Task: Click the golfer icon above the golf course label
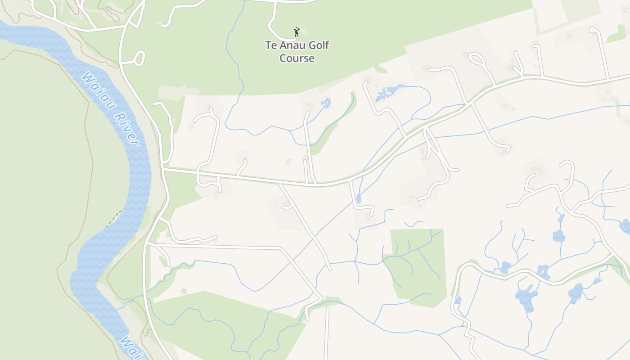[x=296, y=32]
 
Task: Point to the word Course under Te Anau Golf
[x=297, y=58]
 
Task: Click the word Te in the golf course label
[x=270, y=45]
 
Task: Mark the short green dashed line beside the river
[x=113, y=218]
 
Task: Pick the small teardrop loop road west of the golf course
[x=139, y=58]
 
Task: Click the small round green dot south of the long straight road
[x=184, y=291]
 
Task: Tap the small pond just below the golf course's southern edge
[x=325, y=103]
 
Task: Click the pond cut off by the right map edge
[x=625, y=226]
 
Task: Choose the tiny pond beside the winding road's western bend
[x=458, y=300]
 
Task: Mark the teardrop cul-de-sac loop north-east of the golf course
[x=476, y=59]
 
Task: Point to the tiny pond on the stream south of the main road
[x=358, y=198]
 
